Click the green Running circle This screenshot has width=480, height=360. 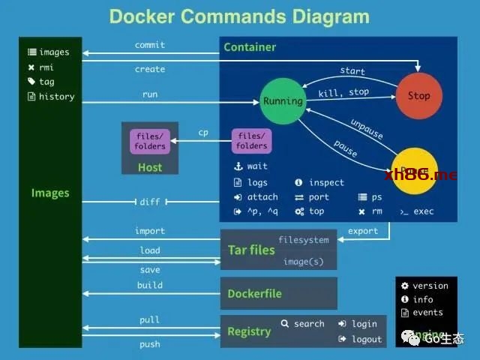[283, 101]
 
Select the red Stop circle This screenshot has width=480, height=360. [418, 96]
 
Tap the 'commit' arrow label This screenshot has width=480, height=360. [150, 45]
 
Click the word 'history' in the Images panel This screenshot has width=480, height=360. [57, 97]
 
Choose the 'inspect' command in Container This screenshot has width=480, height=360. [326, 182]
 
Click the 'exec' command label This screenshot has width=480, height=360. [424, 211]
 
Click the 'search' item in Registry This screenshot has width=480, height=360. [309, 324]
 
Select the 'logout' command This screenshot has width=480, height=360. [367, 339]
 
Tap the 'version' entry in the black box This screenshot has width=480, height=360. [430, 286]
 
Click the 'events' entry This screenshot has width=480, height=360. [427, 313]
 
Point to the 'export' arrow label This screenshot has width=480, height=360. [363, 231]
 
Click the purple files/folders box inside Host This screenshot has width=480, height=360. [149, 141]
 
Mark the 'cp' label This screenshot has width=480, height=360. [203, 133]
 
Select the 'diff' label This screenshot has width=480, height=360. [150, 202]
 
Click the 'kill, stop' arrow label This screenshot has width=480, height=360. [343, 93]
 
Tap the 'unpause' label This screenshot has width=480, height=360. [366, 129]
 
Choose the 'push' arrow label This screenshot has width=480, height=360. [150, 344]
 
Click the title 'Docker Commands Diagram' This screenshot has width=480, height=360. [239, 16]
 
